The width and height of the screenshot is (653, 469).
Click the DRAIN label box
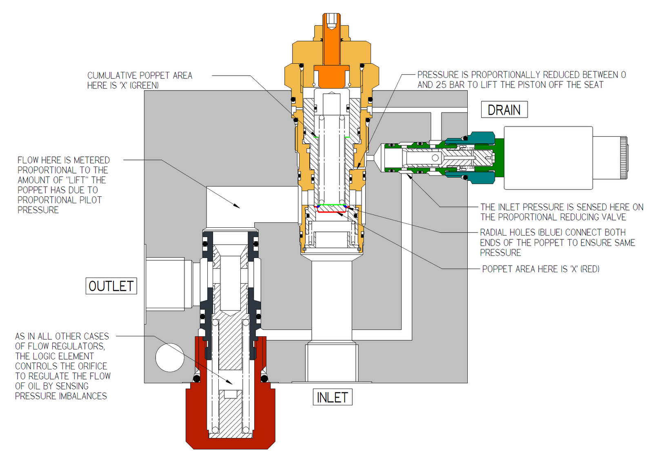point(504,110)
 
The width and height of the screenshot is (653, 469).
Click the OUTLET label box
point(111,286)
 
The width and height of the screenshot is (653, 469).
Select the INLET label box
point(332,397)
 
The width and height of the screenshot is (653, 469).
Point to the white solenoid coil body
point(548,158)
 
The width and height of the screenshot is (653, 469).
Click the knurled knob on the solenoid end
point(623,158)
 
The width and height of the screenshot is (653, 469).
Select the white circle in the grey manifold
point(170,358)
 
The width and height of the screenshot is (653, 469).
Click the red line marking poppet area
point(331,212)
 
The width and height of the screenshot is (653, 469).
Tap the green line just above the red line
point(331,205)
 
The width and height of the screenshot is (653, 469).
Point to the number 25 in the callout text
point(441,85)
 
